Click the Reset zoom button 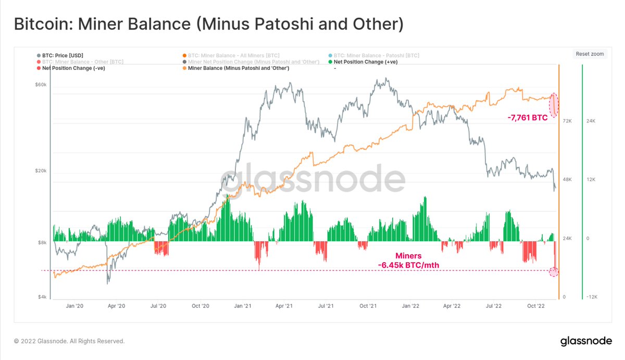(x=590, y=54)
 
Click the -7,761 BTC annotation (x=527, y=118)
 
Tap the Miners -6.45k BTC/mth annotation (x=409, y=260)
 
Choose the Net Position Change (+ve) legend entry (x=365, y=62)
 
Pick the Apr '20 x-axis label (x=117, y=306)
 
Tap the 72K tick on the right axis (x=567, y=121)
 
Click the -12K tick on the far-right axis (x=591, y=297)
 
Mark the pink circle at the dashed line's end (x=554, y=271)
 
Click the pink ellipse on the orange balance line (x=554, y=105)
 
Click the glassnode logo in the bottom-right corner (x=586, y=341)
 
